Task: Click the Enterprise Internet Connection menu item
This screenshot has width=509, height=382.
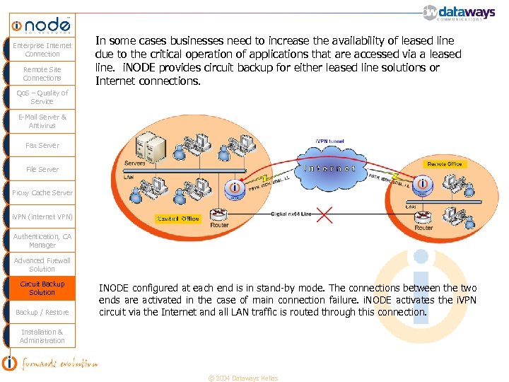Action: [x=42, y=50]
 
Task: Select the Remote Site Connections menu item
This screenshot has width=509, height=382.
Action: [x=42, y=74]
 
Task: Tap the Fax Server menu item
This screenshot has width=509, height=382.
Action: [x=42, y=145]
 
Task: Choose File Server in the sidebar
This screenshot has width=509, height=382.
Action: [x=42, y=169]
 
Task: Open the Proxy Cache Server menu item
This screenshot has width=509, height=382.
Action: [x=42, y=192]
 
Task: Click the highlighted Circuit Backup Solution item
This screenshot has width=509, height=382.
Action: [x=42, y=288]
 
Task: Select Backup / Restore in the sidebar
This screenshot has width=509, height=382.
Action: [x=42, y=312]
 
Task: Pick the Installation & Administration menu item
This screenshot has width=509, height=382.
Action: [x=42, y=336]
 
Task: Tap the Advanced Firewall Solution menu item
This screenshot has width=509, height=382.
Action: [x=42, y=265]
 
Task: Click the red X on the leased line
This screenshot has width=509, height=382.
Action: [x=324, y=214]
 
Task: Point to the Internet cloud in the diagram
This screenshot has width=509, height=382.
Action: [x=329, y=169]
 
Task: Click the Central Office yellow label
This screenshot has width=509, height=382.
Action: [x=177, y=219]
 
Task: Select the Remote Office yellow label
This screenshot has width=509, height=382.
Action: [x=445, y=164]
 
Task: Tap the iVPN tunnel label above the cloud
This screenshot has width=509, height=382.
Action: [x=329, y=141]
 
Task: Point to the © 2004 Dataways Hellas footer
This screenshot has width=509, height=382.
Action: [x=242, y=378]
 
